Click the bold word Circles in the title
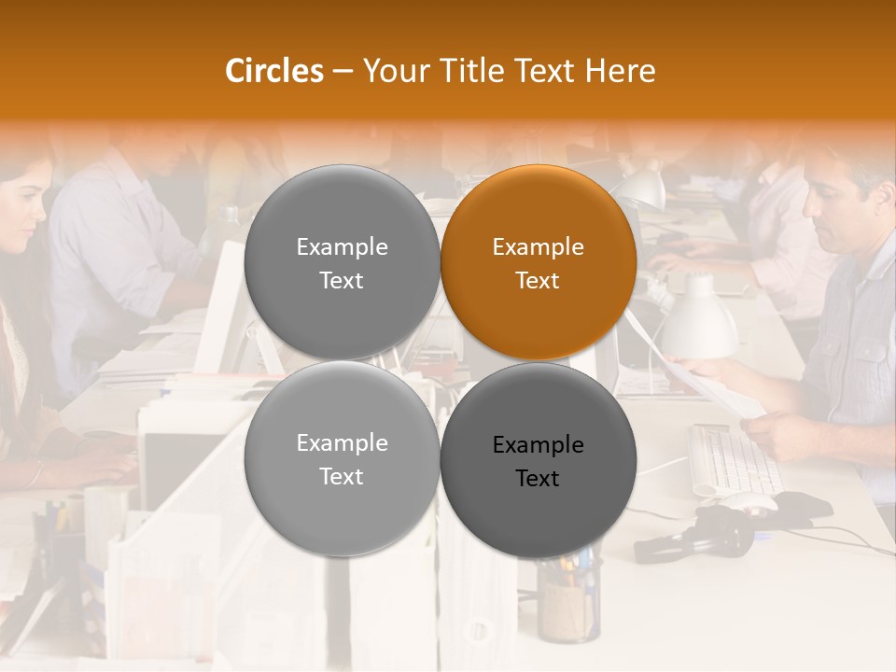click(x=274, y=71)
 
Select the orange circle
click(x=539, y=262)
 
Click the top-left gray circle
click(x=343, y=262)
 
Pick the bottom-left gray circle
click(x=343, y=458)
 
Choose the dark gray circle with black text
click(x=539, y=460)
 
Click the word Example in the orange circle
click(x=539, y=247)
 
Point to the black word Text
click(x=538, y=479)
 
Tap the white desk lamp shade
click(x=697, y=323)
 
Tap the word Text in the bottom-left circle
click(x=342, y=476)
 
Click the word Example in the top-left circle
click(x=343, y=247)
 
